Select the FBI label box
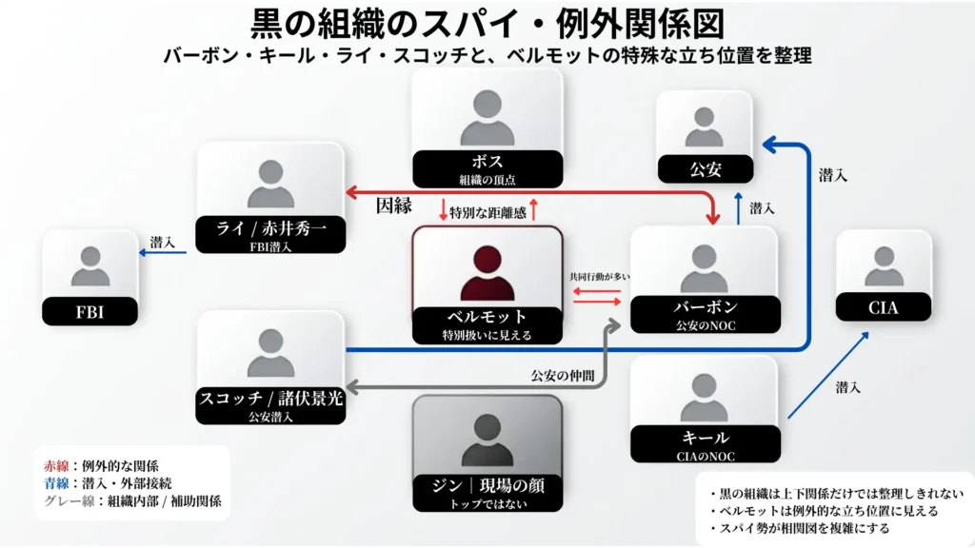(90, 311)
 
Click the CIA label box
(883, 307)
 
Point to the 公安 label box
(705, 170)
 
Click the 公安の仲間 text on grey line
(563, 375)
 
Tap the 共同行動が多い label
(600, 276)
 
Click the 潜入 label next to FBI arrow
(162, 243)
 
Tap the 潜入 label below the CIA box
(849, 387)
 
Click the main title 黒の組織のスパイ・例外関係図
(487, 23)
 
